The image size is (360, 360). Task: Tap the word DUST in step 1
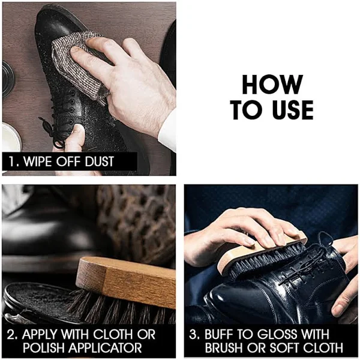click(x=100, y=161)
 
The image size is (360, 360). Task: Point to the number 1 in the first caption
click(x=11, y=161)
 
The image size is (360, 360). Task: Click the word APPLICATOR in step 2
click(x=104, y=348)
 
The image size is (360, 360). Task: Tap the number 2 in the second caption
click(x=11, y=334)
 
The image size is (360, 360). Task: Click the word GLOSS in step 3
click(x=277, y=334)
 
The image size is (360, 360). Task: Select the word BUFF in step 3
click(x=217, y=334)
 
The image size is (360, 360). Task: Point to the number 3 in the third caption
click(x=193, y=334)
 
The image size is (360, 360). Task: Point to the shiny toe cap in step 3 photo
click(x=236, y=298)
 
